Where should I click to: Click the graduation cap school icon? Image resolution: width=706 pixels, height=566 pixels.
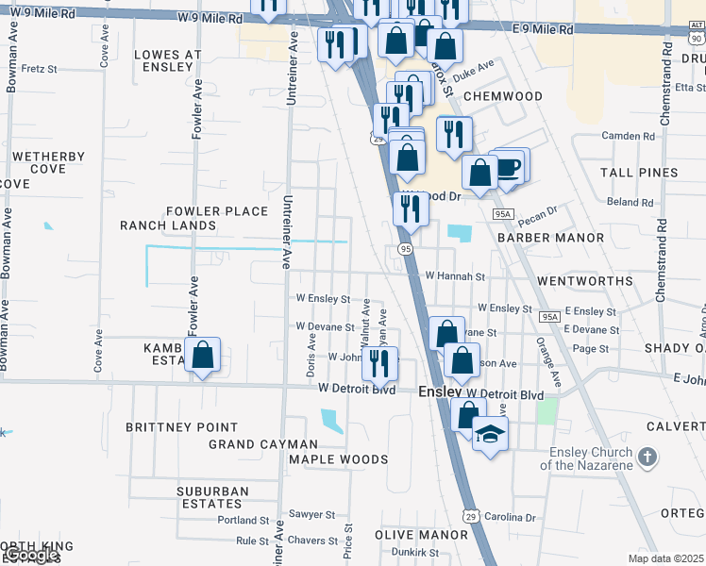(490, 434)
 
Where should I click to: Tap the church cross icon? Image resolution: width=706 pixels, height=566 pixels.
(647, 457)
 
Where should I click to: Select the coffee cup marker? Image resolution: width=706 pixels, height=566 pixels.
(510, 167)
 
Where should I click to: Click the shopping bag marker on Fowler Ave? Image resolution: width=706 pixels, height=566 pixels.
(202, 356)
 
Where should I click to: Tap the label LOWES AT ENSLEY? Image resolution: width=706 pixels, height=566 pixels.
(168, 61)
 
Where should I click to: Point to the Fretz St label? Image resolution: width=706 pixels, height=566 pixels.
(40, 69)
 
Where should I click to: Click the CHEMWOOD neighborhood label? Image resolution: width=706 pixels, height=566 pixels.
(503, 96)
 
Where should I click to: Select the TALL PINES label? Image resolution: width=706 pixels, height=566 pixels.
(639, 173)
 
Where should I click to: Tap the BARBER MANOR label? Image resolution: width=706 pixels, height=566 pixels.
(550, 239)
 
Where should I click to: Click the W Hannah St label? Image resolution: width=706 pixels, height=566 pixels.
(454, 277)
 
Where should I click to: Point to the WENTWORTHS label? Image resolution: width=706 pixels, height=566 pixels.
(584, 281)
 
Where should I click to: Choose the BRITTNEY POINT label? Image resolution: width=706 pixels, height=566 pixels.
(182, 426)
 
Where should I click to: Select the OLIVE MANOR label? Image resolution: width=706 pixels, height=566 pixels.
(421, 534)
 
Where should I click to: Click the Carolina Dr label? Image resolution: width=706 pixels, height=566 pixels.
(511, 518)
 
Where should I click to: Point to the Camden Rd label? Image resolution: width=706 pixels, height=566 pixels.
(634, 136)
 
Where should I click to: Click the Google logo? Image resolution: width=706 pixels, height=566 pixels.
(32, 556)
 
